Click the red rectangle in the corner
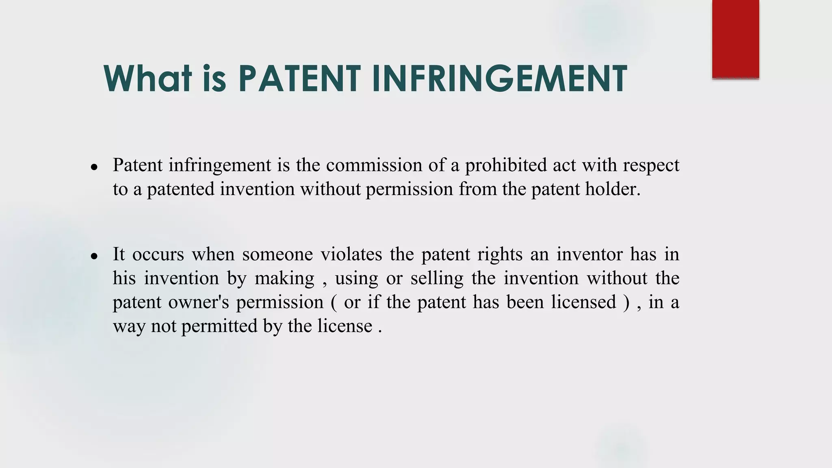point(735,39)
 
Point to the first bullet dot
point(94,167)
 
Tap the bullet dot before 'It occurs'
point(94,256)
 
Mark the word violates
point(351,255)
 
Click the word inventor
point(589,255)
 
